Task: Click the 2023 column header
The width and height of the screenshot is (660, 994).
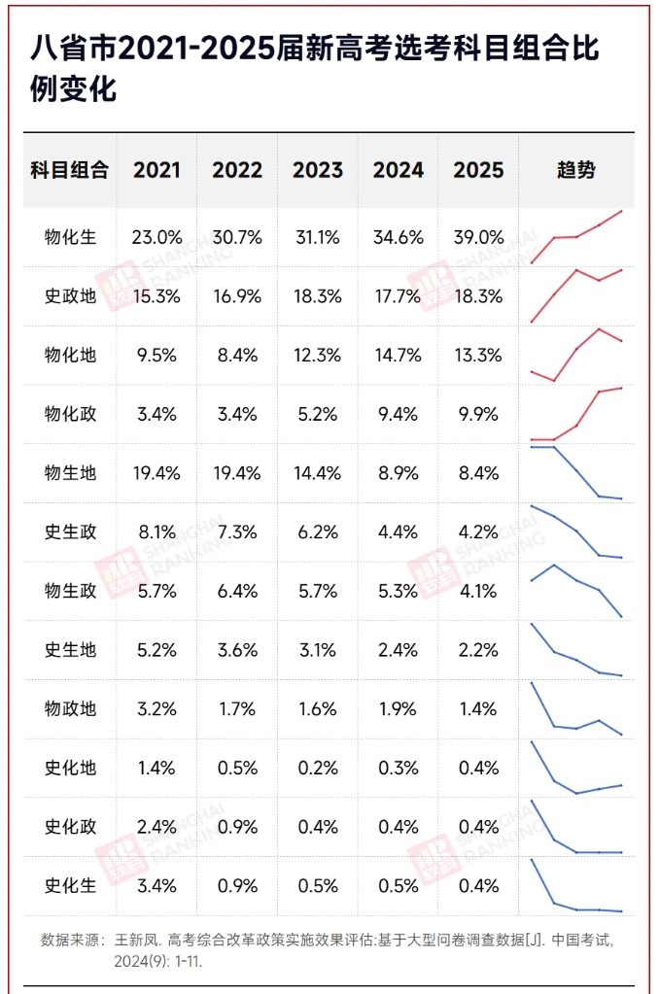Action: point(318,170)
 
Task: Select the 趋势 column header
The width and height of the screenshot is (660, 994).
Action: point(575,170)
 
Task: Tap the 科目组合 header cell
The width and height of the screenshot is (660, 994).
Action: point(70,170)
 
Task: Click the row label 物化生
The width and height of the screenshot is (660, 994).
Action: point(70,237)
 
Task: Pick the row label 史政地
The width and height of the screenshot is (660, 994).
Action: point(70,296)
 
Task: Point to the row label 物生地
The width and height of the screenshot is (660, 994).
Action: point(70,473)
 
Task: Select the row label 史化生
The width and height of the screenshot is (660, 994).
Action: point(70,886)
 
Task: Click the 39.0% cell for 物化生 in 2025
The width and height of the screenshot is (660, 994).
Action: point(478,237)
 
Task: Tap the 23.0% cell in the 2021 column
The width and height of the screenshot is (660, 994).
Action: point(157,237)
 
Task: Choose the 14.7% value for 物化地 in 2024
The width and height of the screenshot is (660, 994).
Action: point(398,356)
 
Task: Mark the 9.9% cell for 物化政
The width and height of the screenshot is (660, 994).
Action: point(478,414)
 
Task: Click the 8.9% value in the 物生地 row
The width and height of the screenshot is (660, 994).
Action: point(398,473)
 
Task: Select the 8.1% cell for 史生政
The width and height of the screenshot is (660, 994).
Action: point(157,532)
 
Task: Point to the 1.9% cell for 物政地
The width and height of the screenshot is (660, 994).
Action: point(398,709)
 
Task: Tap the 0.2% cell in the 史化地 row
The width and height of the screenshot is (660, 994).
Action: point(318,769)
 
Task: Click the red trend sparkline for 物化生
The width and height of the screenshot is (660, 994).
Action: point(576,236)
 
